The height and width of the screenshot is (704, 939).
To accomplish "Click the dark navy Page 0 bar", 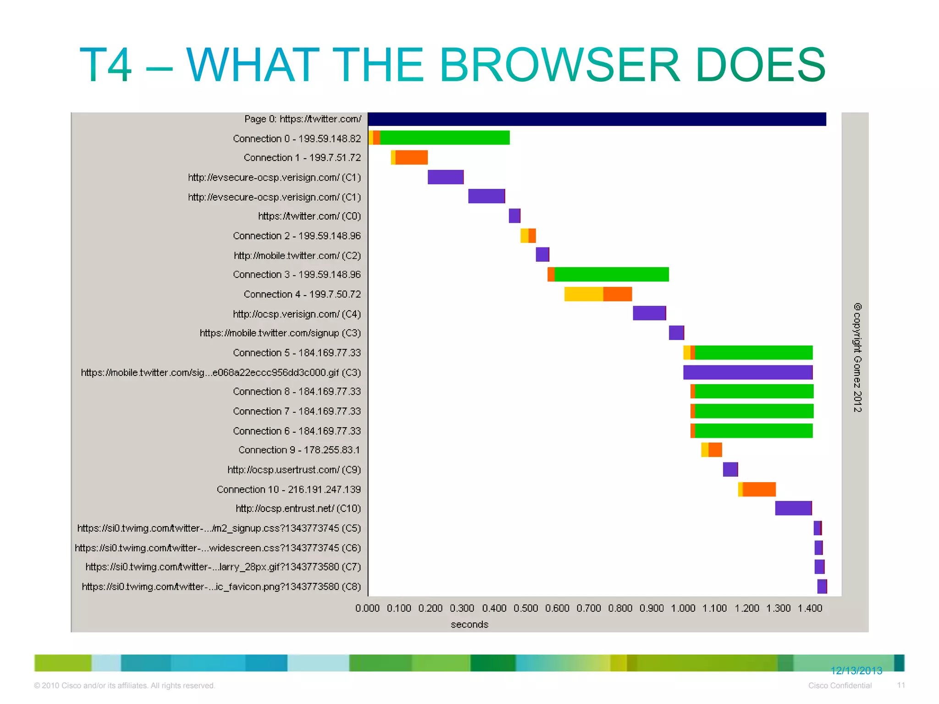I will [x=596, y=119].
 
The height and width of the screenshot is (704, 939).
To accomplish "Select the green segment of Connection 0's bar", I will [x=445, y=137].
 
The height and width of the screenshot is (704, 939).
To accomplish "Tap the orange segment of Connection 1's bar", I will [x=411, y=157].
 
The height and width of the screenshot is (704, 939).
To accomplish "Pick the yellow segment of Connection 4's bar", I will [x=583, y=294].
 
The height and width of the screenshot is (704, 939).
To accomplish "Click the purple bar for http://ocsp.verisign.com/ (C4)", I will [x=649, y=313].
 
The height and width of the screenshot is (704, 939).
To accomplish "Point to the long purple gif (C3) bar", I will [x=747, y=372].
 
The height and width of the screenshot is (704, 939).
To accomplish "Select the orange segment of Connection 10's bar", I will [x=759, y=489].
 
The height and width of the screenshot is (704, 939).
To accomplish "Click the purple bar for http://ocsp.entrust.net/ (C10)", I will [x=793, y=508].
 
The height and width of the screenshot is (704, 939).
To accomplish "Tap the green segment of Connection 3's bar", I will [x=611, y=274].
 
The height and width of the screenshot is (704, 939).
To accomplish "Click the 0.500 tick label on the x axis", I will [x=525, y=608].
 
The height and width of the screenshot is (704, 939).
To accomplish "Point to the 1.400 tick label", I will [x=810, y=608].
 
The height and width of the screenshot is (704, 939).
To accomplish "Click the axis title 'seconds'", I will [x=469, y=624].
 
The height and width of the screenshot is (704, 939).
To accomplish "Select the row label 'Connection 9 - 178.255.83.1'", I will [x=299, y=450].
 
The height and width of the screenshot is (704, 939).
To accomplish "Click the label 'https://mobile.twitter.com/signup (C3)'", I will [x=280, y=333].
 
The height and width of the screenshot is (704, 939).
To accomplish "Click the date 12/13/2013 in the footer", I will [x=856, y=671].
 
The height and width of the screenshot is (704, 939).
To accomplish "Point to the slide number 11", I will [x=901, y=685].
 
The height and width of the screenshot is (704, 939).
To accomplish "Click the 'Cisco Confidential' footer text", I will [x=840, y=685].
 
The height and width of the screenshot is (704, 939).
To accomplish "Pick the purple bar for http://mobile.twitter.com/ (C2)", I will [x=542, y=254].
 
